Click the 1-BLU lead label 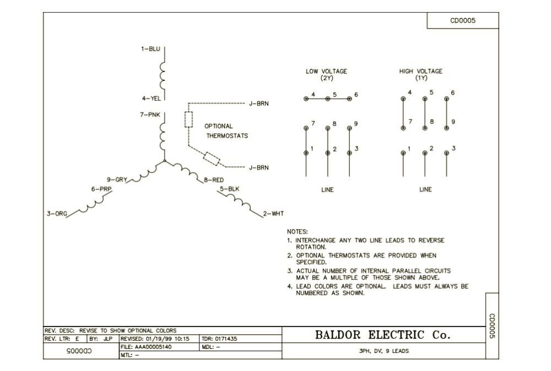tap(150, 49)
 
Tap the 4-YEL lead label tap(151, 99)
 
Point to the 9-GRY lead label tap(117, 179)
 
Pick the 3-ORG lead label tap(56, 214)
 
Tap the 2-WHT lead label tap(273, 214)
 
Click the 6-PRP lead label tap(101, 189)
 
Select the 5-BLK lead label tap(230, 189)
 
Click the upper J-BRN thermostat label tap(259, 103)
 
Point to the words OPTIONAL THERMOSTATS tap(226, 131)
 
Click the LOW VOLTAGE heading tap(327, 72)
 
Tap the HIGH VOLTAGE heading tap(420, 72)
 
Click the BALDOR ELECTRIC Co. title tap(382, 335)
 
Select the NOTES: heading tap(298, 232)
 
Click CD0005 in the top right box tap(463, 21)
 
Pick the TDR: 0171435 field tap(220, 339)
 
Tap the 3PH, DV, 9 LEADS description tap(383, 351)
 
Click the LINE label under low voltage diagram tap(327, 190)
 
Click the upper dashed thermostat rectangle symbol tap(188, 119)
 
